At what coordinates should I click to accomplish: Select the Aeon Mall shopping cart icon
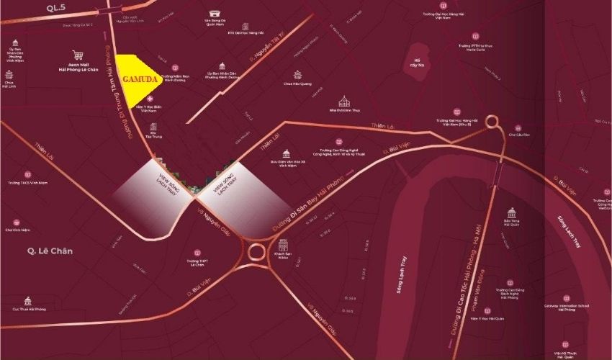coord(78,54)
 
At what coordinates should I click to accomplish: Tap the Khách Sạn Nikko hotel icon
coord(282,246)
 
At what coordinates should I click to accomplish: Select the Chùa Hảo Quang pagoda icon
coord(297,74)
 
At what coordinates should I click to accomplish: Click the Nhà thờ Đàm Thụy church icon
coord(343,100)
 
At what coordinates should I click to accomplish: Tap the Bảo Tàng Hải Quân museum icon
coord(512,213)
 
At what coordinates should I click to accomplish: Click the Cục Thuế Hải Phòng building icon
coord(29,300)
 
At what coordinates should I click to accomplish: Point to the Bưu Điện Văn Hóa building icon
coord(286,153)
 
